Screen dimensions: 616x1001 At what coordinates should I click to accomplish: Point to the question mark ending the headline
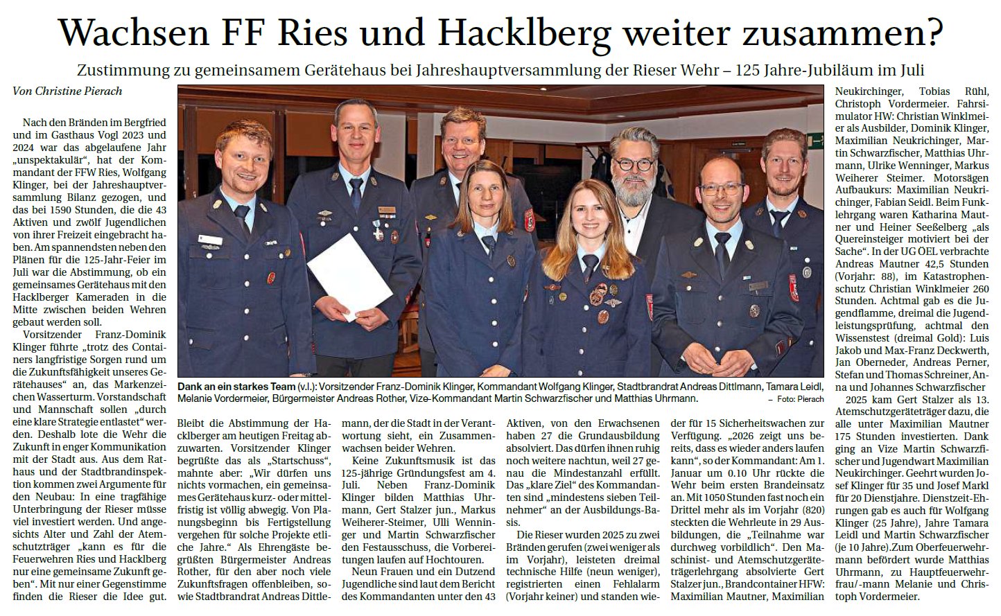click(934, 31)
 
